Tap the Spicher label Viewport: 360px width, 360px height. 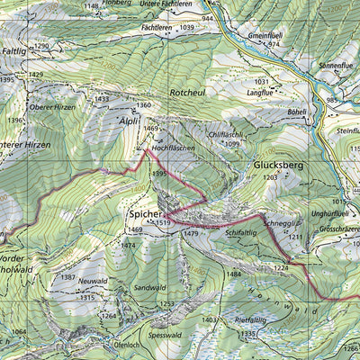coord(144,215)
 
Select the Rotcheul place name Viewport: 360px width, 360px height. coord(188,92)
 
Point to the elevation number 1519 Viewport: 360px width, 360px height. coord(162,223)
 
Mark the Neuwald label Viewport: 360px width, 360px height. coord(92,281)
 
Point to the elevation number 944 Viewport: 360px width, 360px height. coord(209,19)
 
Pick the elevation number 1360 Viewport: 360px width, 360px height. coord(144,105)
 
